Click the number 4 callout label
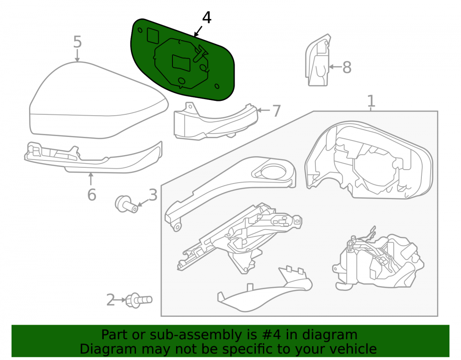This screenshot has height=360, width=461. [x=207, y=18]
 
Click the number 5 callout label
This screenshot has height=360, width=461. [x=77, y=42]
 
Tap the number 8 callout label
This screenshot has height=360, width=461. [x=347, y=68]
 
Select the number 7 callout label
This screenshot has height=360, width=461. [x=276, y=111]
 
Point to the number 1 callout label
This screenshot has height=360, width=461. [x=371, y=101]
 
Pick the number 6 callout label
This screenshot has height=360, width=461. [x=92, y=195]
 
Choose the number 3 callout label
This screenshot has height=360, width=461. [x=153, y=195]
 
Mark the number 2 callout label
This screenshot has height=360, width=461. [x=111, y=300]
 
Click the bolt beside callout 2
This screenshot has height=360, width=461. [x=139, y=300]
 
